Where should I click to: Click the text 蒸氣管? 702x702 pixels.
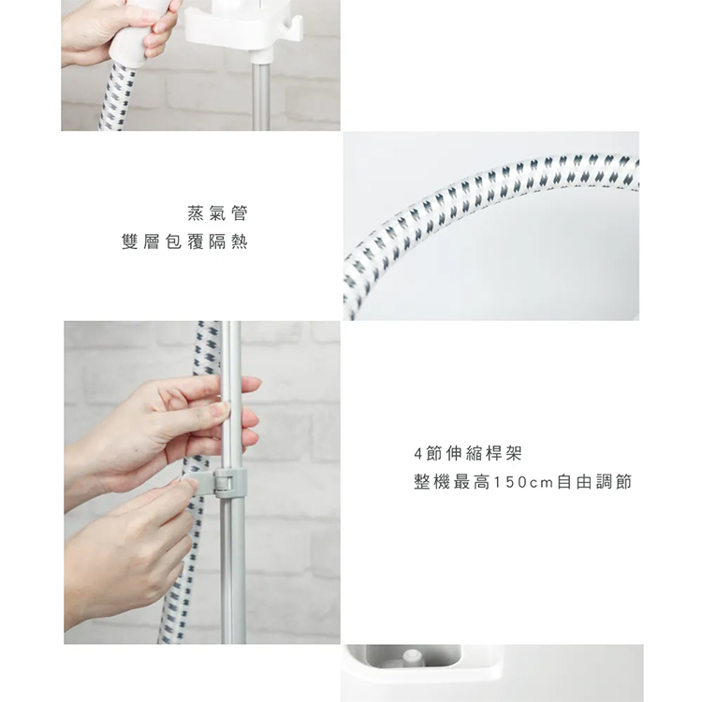tap(217, 213)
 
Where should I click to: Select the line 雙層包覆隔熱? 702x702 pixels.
tap(184, 241)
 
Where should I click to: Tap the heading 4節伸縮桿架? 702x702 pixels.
tap(468, 454)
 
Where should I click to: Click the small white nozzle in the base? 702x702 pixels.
tap(413, 658)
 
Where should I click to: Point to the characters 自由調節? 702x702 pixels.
tap(594, 483)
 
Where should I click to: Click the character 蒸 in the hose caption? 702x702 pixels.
tap(196, 213)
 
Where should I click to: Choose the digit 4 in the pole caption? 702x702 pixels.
tap(418, 454)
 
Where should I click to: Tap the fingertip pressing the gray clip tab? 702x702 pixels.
tap(187, 485)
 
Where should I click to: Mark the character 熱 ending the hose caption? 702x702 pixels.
tap(240, 241)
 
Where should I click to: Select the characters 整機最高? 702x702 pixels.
tap(452, 483)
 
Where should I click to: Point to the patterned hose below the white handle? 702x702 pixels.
tap(117, 98)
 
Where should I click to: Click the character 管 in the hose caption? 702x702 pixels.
tap(240, 213)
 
